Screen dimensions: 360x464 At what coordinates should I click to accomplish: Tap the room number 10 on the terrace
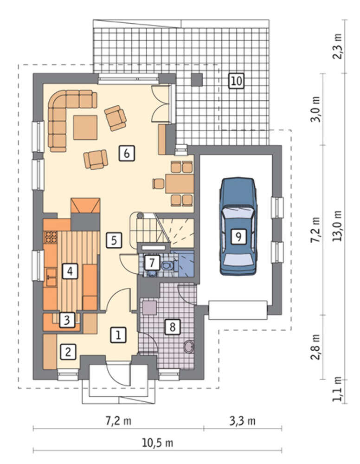pos(236,81)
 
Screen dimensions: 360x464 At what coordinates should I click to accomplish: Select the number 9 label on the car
pos(238,236)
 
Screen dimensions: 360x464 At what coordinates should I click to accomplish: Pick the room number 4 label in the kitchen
pos(70,271)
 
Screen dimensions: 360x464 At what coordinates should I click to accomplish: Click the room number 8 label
pos(173,327)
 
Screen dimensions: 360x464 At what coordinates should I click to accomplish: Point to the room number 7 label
pos(152,263)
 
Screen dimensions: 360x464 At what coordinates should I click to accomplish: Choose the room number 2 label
pos(68,352)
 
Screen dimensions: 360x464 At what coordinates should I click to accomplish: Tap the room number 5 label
pos(114,240)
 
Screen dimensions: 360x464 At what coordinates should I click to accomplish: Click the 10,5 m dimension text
pos(157,443)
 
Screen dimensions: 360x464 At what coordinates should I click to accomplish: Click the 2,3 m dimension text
pos(337,46)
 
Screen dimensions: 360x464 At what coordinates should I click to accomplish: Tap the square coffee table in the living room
pos(85,127)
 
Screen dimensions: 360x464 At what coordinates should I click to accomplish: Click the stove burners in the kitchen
pos(51,237)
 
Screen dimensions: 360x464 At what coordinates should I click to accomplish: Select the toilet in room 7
pos(167,265)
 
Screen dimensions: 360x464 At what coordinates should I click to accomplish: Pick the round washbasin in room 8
pos(189,347)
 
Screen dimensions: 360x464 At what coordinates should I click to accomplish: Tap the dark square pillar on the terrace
pos(197,80)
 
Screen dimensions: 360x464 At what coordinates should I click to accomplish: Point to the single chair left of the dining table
pos(158,184)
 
